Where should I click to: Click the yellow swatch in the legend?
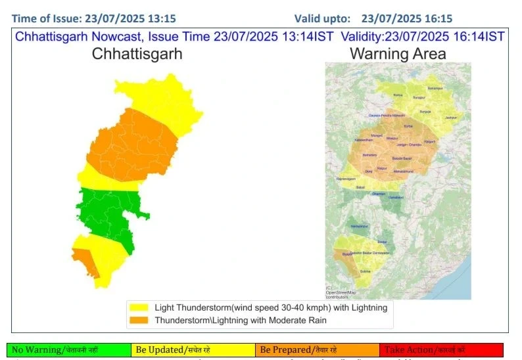point(139,307)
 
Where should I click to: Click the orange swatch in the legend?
point(139,320)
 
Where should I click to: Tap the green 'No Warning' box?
point(69,350)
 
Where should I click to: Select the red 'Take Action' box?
point(441,350)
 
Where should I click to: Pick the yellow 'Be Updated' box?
point(193,350)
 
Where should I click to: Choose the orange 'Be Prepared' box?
point(317,350)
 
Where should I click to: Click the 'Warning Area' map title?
point(398,54)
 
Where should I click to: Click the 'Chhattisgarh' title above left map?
point(137,54)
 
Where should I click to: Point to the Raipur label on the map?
point(381,168)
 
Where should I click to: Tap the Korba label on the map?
point(408,125)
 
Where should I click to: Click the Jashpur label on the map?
point(450,118)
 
